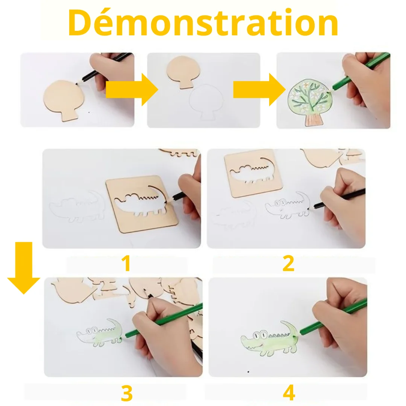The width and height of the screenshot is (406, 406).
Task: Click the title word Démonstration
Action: click(203, 23)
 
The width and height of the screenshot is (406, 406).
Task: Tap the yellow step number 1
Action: click(126, 263)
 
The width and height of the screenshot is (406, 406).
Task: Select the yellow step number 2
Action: click(288, 263)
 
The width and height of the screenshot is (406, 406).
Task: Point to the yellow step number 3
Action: click(127, 393)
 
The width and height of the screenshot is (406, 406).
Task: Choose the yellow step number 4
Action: click(289, 393)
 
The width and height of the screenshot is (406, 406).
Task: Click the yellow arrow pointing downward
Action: click(24, 268)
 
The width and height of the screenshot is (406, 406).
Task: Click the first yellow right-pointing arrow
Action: click(132, 89)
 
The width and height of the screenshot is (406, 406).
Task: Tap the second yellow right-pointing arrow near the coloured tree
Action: click(259, 89)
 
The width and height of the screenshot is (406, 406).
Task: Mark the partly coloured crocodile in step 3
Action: click(99, 333)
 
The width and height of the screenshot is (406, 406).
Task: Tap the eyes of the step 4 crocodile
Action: click(260, 335)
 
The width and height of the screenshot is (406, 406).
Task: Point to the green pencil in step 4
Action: click(333, 316)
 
